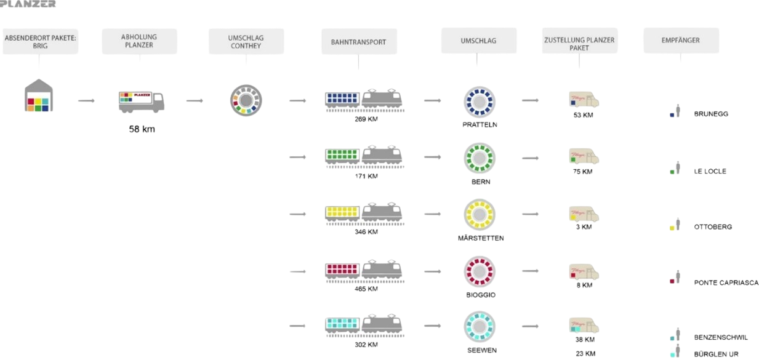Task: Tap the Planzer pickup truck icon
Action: pyautogui.click(x=141, y=101)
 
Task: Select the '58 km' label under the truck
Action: pyautogui.click(x=142, y=129)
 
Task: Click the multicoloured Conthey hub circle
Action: pyautogui.click(x=246, y=100)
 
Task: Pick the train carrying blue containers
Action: pyautogui.click(x=364, y=100)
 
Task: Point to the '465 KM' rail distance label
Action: pyautogui.click(x=366, y=288)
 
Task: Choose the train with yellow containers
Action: pyautogui.click(x=364, y=215)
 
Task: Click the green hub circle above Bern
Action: pyautogui.click(x=480, y=157)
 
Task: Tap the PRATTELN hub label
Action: pyautogui.click(x=480, y=124)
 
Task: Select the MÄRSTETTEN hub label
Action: pyautogui.click(x=481, y=238)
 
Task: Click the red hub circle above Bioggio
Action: pyautogui.click(x=480, y=271)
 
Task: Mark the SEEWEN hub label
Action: pyautogui.click(x=481, y=350)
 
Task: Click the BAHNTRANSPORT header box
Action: pyautogui.click(x=359, y=42)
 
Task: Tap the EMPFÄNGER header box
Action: pyautogui.click(x=681, y=41)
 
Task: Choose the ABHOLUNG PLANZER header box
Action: pyautogui.click(x=139, y=41)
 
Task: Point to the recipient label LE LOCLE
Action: pyautogui.click(x=710, y=171)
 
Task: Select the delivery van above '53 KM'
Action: pyautogui.click(x=584, y=100)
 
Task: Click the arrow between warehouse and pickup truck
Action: pyautogui.click(x=87, y=100)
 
